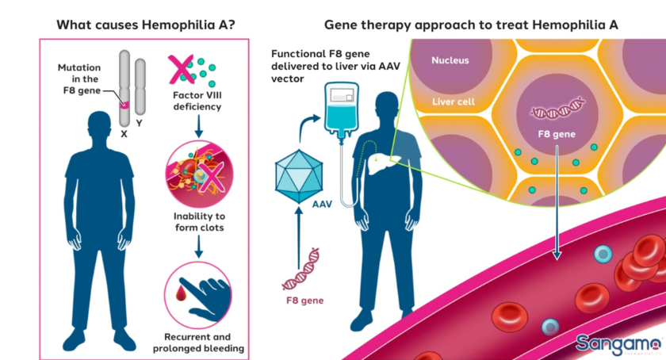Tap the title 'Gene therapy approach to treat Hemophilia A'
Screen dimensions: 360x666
coord(472,24)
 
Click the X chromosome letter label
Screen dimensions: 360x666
coord(124,134)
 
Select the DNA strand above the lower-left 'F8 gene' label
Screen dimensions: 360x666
coord(303,270)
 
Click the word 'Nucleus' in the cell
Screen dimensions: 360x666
coord(450,60)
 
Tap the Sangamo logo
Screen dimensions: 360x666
coord(618,343)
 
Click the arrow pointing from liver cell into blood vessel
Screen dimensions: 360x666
coord(557,206)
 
